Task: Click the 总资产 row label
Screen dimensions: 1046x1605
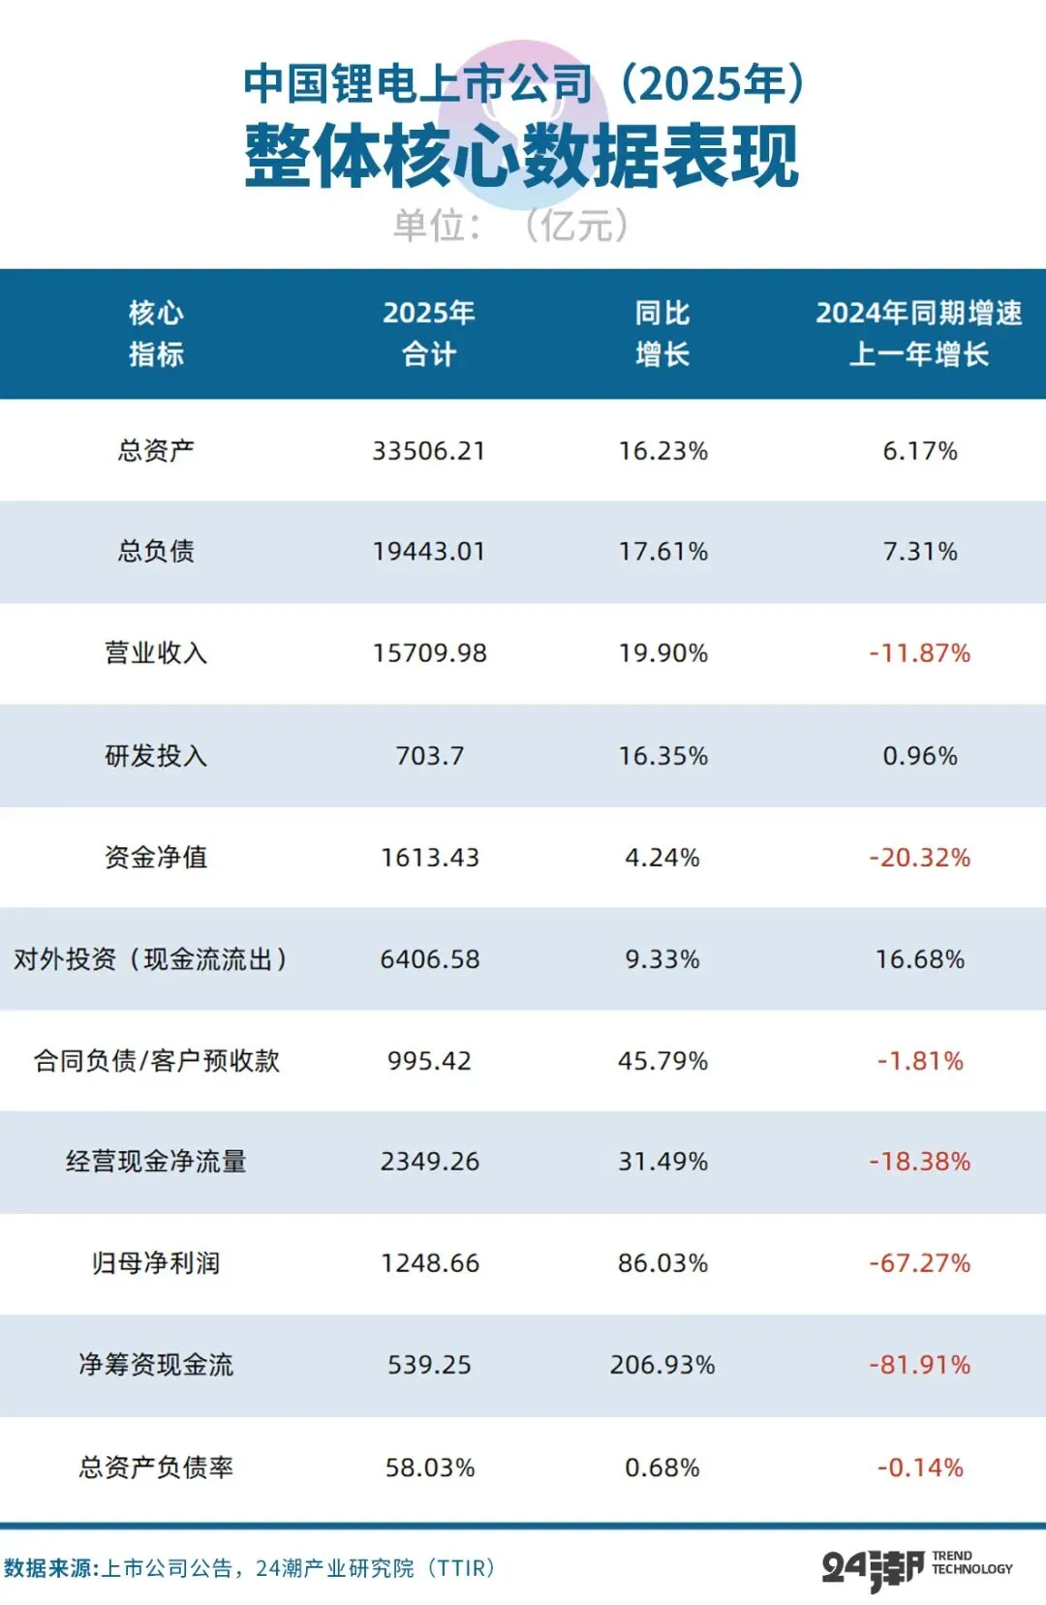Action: point(156,451)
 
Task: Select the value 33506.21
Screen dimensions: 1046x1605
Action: point(429,451)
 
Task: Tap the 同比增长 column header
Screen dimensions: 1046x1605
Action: point(662,333)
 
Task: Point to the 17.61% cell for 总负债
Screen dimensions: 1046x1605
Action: point(663,552)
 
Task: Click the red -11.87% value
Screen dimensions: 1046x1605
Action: point(920,653)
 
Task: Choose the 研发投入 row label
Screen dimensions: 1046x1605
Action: point(156,756)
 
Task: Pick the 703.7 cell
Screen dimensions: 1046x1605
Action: point(429,756)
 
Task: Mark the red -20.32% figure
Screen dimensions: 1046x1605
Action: point(920,858)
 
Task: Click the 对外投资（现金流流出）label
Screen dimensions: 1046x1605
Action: point(150,959)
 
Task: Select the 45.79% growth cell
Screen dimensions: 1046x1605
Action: point(663,1061)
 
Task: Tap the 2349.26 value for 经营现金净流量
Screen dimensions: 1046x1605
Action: point(429,1162)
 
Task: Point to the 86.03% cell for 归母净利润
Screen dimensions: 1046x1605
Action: point(663,1263)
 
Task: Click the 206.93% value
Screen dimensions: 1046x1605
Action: point(662,1365)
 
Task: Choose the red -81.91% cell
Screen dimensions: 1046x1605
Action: point(920,1365)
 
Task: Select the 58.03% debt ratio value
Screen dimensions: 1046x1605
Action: point(430,1469)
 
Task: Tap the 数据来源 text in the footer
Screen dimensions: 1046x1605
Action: point(50,1568)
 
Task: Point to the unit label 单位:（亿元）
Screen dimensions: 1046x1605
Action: point(511,226)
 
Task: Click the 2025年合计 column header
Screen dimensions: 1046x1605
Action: point(429,333)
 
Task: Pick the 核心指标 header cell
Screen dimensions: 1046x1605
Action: point(156,333)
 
